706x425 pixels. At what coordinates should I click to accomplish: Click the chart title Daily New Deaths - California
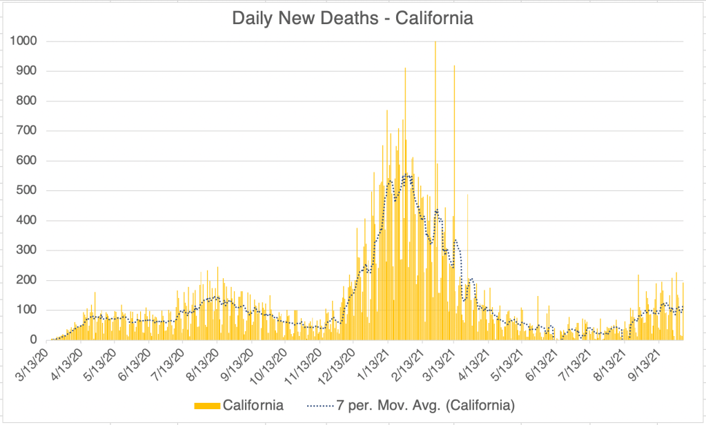pos(353,19)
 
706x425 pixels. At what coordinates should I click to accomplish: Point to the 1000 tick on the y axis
pos(23,41)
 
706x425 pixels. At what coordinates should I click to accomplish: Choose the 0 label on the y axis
pos(32,340)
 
